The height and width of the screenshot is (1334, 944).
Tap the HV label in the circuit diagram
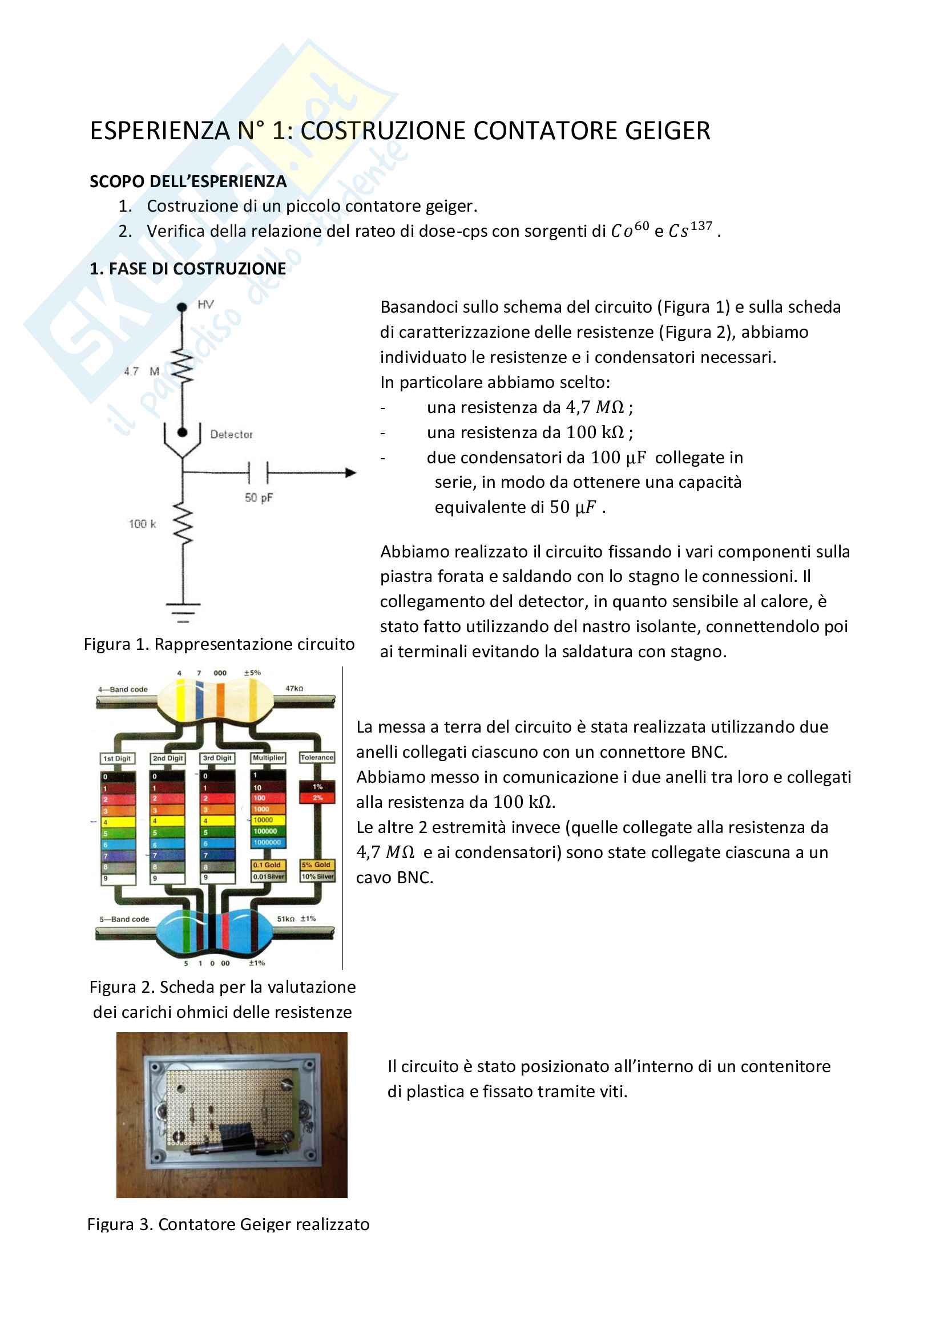tap(206, 305)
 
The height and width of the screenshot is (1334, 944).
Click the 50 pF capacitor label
tap(259, 498)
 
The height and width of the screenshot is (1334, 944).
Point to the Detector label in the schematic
tap(231, 435)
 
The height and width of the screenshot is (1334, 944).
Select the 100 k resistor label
tap(143, 524)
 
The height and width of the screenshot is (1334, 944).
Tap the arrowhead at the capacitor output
tap(350, 473)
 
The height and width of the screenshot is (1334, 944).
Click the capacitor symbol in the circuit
tap(258, 473)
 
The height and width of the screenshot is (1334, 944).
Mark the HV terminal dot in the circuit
tap(182, 307)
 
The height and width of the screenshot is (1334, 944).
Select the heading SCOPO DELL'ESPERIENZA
tap(188, 182)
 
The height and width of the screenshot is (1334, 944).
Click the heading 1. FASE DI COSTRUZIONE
tap(188, 269)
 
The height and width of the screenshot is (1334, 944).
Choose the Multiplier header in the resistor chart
tap(268, 758)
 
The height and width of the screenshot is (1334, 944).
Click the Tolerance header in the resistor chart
tap(317, 758)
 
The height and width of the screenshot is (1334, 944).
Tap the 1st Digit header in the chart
tap(118, 758)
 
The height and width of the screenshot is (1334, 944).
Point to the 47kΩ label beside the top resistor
tap(294, 689)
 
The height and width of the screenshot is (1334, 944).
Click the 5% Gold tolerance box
tap(316, 864)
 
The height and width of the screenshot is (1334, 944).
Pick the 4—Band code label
tap(123, 689)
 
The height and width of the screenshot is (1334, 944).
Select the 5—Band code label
tap(124, 919)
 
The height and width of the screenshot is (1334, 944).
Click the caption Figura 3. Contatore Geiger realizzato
tap(228, 1224)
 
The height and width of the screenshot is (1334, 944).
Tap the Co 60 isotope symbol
tap(630, 230)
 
